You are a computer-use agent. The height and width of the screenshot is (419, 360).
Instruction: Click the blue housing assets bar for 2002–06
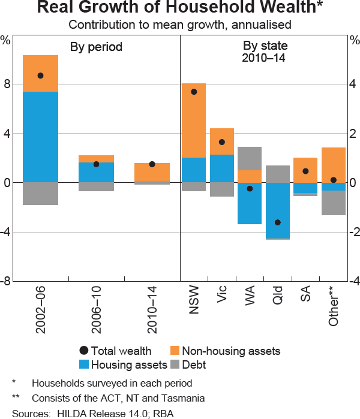40,137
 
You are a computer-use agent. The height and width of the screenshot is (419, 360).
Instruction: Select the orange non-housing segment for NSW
194,120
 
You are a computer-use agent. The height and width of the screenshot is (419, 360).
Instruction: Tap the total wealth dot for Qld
278,222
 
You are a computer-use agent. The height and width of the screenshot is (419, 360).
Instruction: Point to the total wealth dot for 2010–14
152,164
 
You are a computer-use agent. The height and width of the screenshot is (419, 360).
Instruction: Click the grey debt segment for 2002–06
40,194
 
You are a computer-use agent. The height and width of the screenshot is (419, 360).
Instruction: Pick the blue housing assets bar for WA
250,204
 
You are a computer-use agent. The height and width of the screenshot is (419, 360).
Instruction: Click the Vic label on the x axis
221,299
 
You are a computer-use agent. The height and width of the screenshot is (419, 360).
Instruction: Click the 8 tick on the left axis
7,85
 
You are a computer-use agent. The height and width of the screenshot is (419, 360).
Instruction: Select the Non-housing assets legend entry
231,351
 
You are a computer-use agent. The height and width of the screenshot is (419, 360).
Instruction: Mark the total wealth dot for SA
305,171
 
